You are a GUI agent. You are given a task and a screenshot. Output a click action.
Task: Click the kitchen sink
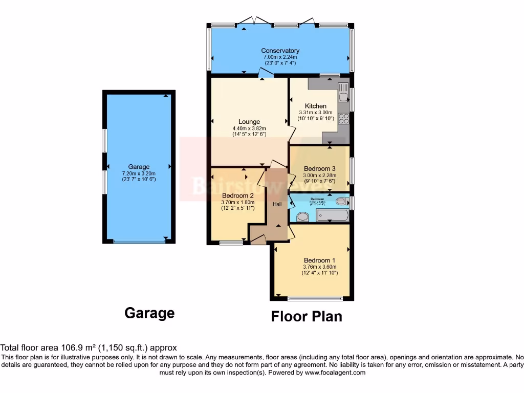click(x=343, y=96)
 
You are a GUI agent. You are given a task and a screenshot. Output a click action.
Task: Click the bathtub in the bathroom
click(x=332, y=216)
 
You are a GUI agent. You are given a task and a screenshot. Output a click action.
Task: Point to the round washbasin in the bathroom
click(x=302, y=217)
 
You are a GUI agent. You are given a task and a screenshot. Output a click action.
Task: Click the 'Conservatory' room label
click(x=280, y=51)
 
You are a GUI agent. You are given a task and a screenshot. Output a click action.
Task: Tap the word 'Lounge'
click(x=249, y=122)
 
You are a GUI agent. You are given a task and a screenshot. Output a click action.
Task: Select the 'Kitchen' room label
click(x=315, y=106)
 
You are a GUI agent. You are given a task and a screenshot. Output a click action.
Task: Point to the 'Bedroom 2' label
click(x=238, y=195)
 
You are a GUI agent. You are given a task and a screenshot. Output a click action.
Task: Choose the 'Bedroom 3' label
click(x=320, y=169)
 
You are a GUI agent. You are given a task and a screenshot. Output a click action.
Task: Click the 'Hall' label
click(x=277, y=204)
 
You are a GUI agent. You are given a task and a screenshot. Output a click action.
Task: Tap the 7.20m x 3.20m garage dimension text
click(x=139, y=173)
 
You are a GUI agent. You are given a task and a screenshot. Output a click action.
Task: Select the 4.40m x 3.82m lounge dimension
click(x=249, y=128)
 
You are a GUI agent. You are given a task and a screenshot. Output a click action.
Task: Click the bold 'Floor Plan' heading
click(x=307, y=316)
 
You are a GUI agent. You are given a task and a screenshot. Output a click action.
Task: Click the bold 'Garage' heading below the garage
click(x=149, y=313)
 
